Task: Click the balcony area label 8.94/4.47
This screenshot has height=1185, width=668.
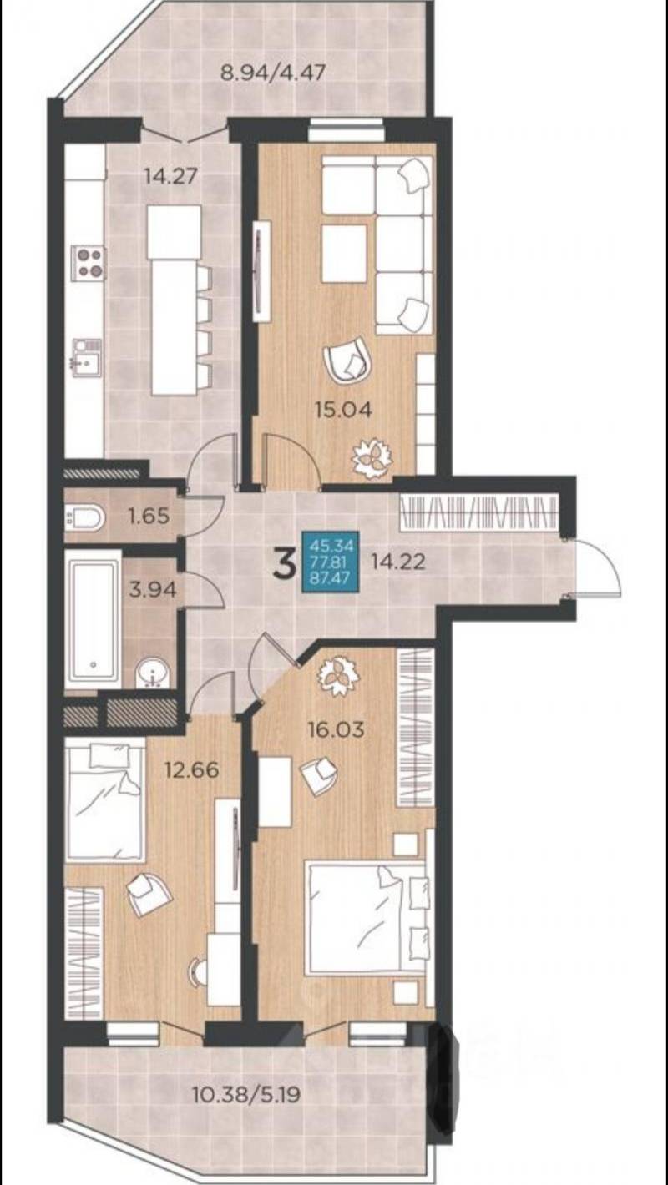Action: coord(272,71)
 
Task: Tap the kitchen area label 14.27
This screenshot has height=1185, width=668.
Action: coord(170,175)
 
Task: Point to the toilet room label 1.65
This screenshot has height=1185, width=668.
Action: coord(149,515)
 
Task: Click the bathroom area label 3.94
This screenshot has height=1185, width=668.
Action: coord(153,589)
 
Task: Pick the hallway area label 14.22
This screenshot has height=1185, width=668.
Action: coord(398,562)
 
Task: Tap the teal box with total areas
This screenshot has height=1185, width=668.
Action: coord(331,561)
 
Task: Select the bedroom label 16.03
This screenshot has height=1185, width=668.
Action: coord(337,730)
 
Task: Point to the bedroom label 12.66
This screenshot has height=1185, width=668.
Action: coord(191,769)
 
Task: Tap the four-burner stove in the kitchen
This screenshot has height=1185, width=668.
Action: coord(89,263)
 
